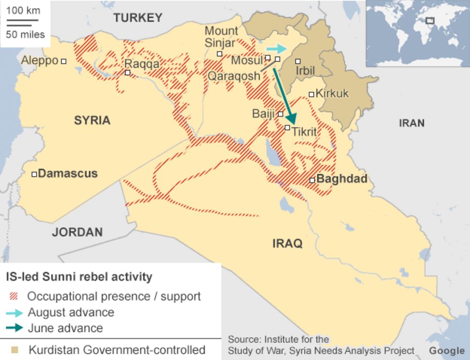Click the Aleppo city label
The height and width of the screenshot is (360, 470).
[39, 61]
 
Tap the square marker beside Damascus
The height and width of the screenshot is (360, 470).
[34, 174]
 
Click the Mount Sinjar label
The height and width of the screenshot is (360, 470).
[221, 37]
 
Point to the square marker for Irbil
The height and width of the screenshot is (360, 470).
[298, 61]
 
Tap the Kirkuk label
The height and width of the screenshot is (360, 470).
[332, 93]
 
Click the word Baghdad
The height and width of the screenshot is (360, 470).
[342, 179]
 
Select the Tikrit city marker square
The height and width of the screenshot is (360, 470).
[287, 128]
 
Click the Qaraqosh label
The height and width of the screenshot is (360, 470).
[234, 76]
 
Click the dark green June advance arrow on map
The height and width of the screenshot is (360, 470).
[284, 96]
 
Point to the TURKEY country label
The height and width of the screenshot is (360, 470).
[138, 18]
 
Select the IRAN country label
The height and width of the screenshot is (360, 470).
[412, 123]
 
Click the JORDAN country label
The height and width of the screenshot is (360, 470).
[78, 232]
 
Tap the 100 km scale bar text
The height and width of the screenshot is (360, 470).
[23, 11]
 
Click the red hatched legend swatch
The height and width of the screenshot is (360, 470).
[14, 296]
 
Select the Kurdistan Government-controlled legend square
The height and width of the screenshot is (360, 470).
[15, 349]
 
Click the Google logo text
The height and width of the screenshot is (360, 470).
[446, 350]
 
